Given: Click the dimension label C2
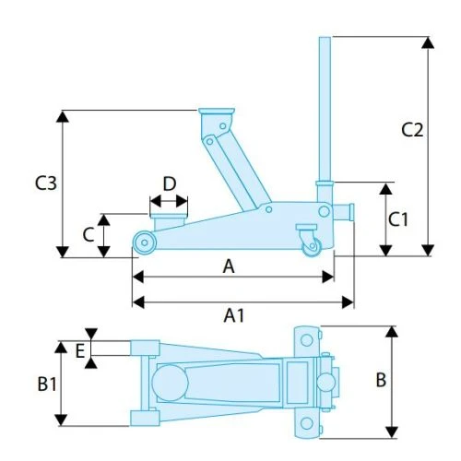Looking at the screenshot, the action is (x=412, y=129).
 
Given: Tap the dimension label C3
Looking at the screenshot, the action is (x=46, y=183).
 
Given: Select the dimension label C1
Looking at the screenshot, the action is (x=398, y=219).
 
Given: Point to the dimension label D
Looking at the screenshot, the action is (x=170, y=183).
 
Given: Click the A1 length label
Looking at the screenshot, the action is (x=234, y=315).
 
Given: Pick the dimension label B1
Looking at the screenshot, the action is (x=47, y=384).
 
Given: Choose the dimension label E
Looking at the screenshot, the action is (x=80, y=351).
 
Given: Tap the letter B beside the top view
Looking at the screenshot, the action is (x=381, y=380).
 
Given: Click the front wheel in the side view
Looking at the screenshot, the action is (x=145, y=242).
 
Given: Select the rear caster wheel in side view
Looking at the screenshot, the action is (x=312, y=246).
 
